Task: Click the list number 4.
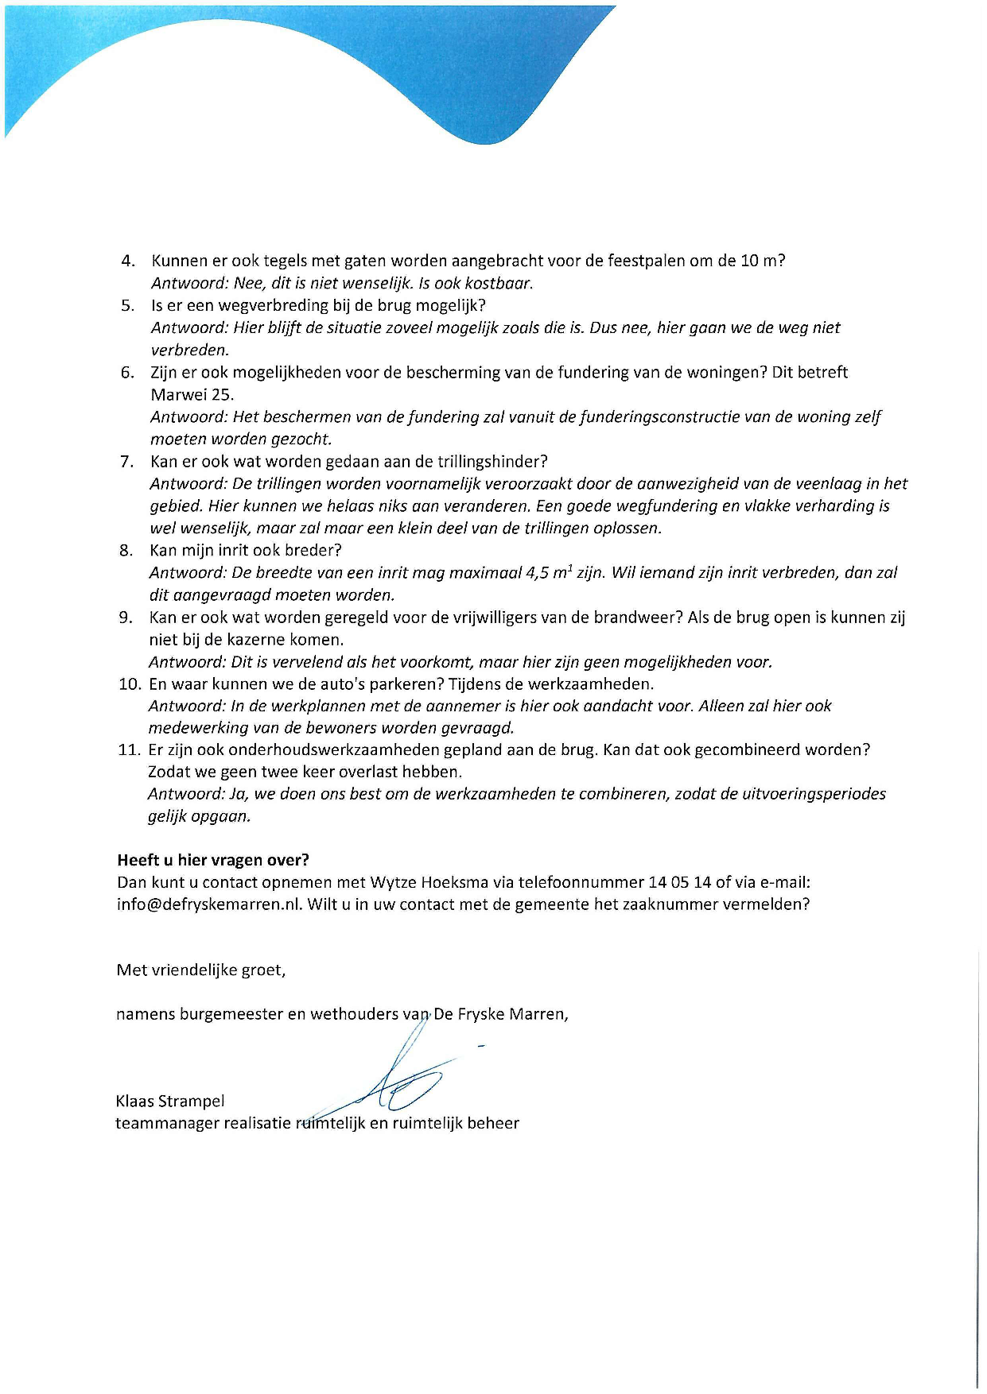click(x=126, y=261)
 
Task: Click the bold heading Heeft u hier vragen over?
click(x=213, y=860)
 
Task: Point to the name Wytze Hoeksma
click(x=442, y=882)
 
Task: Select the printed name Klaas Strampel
click(x=170, y=1102)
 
